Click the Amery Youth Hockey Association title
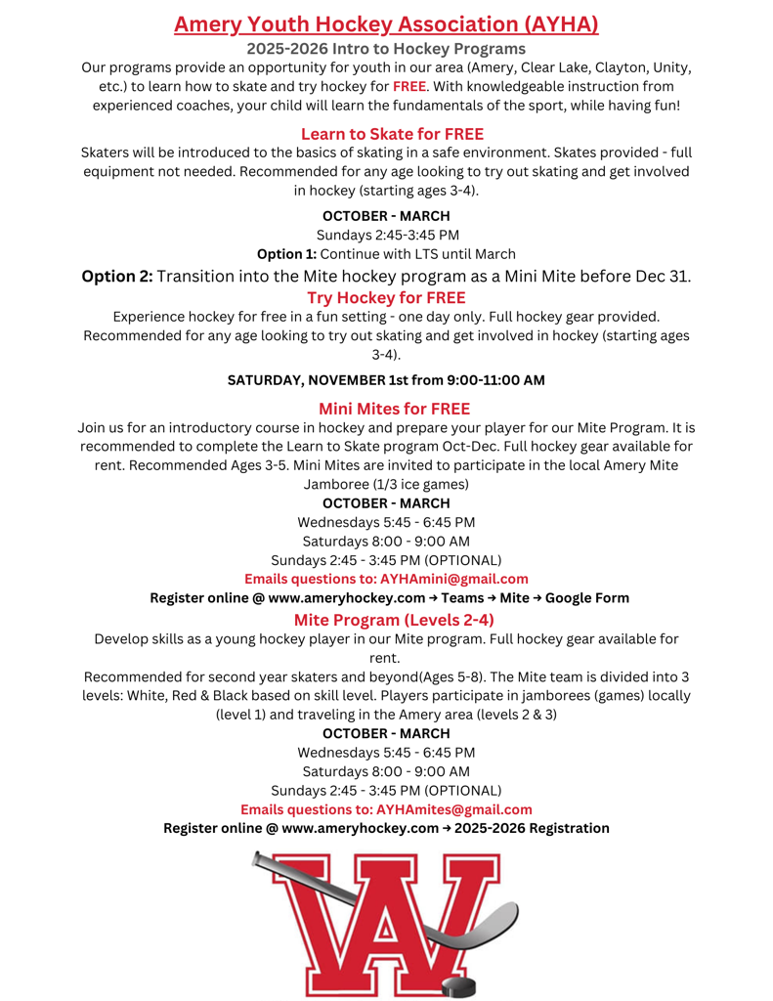pos(386,23)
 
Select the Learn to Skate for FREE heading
pos(392,133)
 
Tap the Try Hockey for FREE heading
pos(386,297)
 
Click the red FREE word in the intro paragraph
pos(410,86)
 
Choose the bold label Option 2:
pos(116,276)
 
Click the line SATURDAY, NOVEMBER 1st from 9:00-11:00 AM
pos(386,379)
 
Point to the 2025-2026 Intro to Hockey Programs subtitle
pos(386,48)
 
